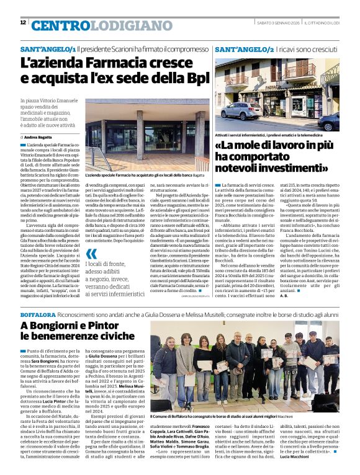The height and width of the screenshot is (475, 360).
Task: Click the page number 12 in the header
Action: pyautogui.click(x=23, y=22)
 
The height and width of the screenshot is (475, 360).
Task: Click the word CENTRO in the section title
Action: pyautogui.click(x=58, y=25)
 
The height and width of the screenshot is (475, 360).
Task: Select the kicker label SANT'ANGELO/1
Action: pyautogui.click(x=48, y=48)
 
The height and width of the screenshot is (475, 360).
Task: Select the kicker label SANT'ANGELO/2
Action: pyautogui.click(x=244, y=48)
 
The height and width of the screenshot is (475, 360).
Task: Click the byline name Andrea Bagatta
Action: pyautogui.click(x=38, y=136)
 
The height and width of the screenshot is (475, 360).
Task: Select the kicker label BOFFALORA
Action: pyautogui.click(x=38, y=316)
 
